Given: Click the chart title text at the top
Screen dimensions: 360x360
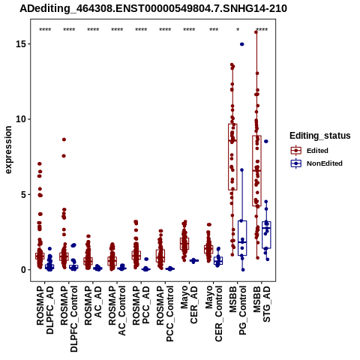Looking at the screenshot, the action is [x=153, y=8].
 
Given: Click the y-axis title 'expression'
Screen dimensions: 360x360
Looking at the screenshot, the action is [x=8, y=150].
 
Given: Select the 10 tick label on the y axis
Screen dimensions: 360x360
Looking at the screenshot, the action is [x=20, y=119].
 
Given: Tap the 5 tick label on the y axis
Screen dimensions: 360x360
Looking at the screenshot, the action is [x=23, y=194].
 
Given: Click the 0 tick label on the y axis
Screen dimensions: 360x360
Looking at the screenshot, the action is [x=23, y=270].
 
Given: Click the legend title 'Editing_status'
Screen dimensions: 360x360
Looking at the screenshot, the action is [x=320, y=136].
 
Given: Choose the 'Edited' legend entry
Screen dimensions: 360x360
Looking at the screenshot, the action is [x=317, y=151].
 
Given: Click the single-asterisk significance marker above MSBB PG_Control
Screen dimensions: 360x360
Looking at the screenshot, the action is [x=238, y=30].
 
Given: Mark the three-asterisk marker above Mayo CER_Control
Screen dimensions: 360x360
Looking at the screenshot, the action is [x=214, y=30].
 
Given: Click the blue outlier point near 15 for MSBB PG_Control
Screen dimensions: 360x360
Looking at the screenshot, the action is [x=242, y=44].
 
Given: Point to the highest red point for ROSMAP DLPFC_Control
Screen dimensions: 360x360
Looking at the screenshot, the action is [x=64, y=139].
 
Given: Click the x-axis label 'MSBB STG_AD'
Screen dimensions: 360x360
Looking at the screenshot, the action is [x=262, y=304].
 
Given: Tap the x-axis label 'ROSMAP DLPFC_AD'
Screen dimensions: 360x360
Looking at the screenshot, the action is [x=45, y=310].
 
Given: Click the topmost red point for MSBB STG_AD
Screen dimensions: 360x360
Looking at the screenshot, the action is [x=256, y=32].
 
